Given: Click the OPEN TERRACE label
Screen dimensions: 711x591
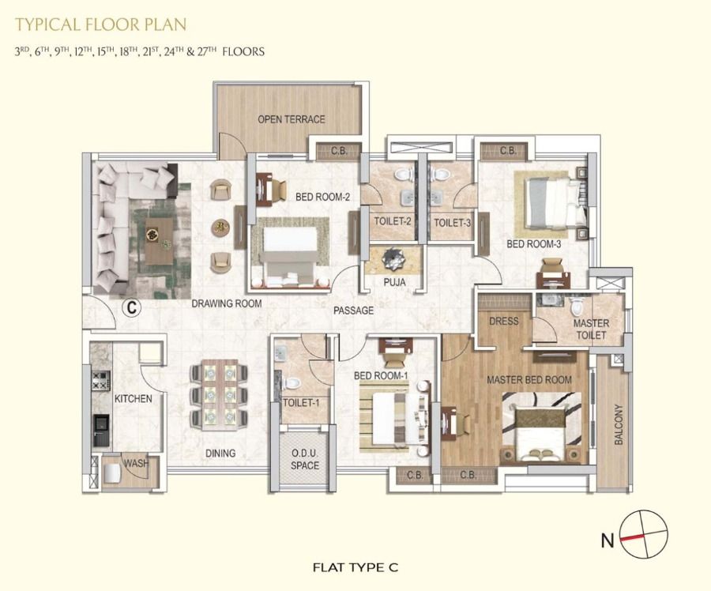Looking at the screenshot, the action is pyautogui.click(x=291, y=119).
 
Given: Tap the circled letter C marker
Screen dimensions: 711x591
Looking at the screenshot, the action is pyautogui.click(x=131, y=307).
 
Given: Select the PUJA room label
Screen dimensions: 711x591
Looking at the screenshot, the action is pyautogui.click(x=394, y=281).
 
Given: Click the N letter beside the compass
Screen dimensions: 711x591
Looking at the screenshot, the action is pyautogui.click(x=608, y=540).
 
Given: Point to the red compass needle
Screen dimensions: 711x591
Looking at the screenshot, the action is pyautogui.click(x=633, y=537).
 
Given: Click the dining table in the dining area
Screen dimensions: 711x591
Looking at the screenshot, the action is pyautogui.click(x=220, y=394).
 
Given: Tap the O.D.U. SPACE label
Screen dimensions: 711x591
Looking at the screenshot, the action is pyautogui.click(x=305, y=460).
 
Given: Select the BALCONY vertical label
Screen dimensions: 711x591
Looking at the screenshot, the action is pyautogui.click(x=619, y=424).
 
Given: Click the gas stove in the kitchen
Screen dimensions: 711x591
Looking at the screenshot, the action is pyautogui.click(x=101, y=380).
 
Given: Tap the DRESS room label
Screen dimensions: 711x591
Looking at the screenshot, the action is pyautogui.click(x=504, y=321).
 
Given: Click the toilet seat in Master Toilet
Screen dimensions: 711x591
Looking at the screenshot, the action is pyautogui.click(x=577, y=307).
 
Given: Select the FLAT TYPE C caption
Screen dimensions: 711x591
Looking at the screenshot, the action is pyautogui.click(x=355, y=567).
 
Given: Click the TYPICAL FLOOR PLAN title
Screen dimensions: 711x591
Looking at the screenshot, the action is pyautogui.click(x=100, y=24).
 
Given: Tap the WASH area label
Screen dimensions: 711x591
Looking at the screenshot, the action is pyautogui.click(x=137, y=463).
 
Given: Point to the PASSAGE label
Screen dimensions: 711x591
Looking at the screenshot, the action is pyautogui.click(x=354, y=311).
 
